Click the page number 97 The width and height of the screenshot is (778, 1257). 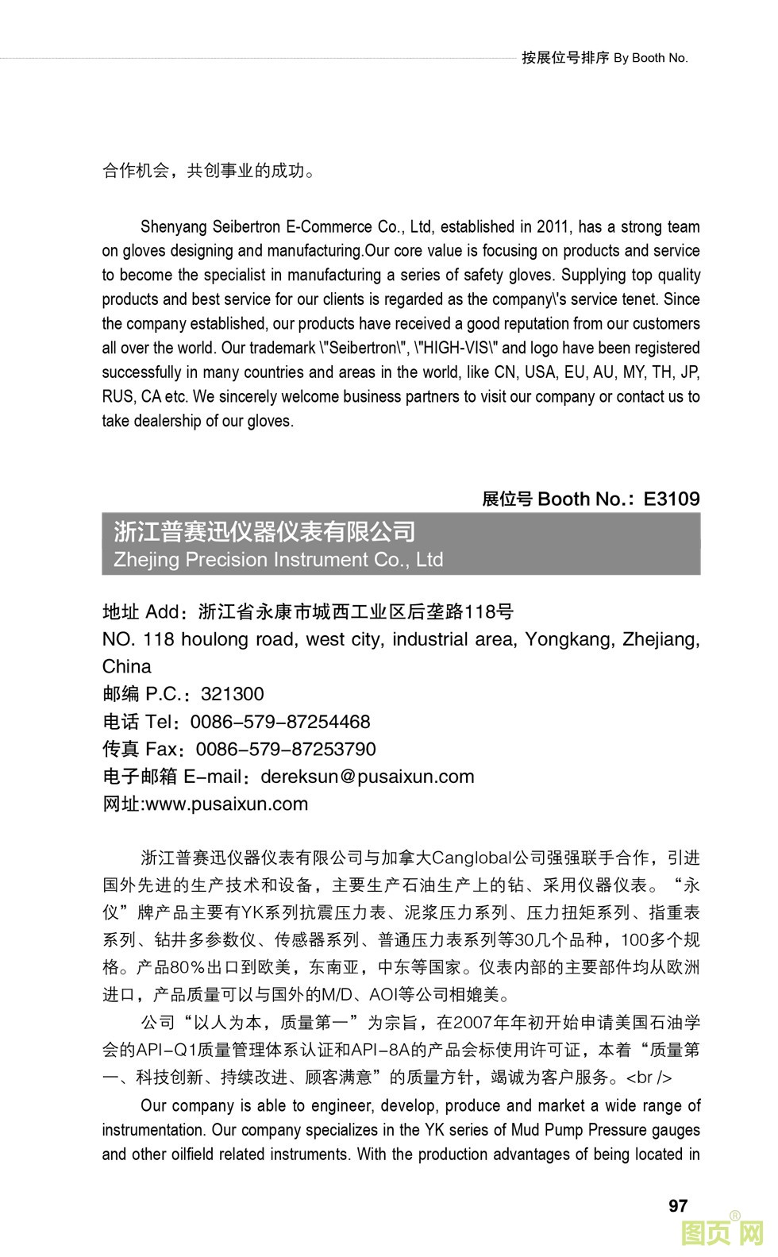tap(677, 1205)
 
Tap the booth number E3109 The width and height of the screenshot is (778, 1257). tap(671, 499)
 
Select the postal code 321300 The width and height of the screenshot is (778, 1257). tap(232, 694)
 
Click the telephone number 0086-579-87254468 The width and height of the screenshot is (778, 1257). tap(280, 722)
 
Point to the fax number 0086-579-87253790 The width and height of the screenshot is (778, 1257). tap(286, 749)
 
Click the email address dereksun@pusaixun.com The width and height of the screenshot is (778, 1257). tap(367, 777)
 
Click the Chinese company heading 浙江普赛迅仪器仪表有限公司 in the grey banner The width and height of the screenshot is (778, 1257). tap(264, 531)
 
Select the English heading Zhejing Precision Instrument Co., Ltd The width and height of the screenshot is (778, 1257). tap(278, 560)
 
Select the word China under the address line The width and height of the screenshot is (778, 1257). tap(126, 666)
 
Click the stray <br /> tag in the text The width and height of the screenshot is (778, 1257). tap(649, 1078)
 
